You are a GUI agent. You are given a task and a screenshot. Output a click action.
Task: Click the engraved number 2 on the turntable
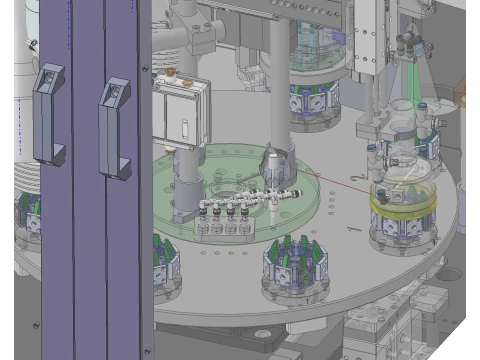(x=357, y=177)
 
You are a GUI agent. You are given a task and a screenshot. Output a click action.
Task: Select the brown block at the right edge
(x=467, y=94)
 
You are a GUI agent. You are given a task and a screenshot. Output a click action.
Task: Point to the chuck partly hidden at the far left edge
(x=24, y=220)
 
